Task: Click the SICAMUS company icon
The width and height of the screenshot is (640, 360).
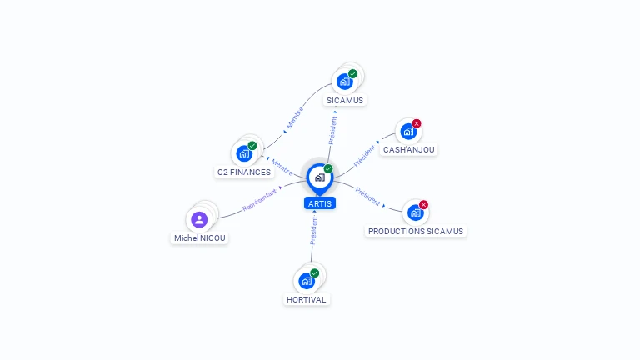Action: click(345, 82)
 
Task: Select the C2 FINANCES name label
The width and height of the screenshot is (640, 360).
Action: click(244, 172)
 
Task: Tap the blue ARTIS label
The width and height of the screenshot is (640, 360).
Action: click(320, 203)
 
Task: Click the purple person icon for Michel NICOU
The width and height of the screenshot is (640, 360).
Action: click(199, 220)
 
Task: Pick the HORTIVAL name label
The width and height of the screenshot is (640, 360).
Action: click(307, 300)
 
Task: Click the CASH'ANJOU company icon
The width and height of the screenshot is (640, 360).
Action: click(408, 132)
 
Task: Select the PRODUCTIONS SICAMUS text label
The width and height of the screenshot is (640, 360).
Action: click(416, 232)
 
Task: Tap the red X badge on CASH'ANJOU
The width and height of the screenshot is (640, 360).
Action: click(417, 123)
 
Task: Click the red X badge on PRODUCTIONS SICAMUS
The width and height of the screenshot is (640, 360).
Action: click(423, 204)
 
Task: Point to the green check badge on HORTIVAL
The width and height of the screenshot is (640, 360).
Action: click(314, 272)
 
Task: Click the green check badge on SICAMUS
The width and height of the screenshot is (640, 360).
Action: click(352, 73)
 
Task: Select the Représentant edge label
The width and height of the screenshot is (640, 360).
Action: click(260, 200)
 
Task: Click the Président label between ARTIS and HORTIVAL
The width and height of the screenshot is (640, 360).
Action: click(313, 231)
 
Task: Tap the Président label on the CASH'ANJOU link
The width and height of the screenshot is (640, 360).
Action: click(364, 156)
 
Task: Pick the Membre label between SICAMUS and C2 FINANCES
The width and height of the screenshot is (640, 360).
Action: click(295, 117)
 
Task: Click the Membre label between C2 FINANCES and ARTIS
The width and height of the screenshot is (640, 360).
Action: click(282, 167)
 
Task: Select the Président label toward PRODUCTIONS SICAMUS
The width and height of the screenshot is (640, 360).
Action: click(367, 197)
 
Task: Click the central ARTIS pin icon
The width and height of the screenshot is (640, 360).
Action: click(320, 178)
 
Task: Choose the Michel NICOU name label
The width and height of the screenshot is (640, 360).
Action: click(200, 238)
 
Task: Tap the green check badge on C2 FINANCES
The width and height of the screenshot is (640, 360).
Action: click(252, 146)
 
